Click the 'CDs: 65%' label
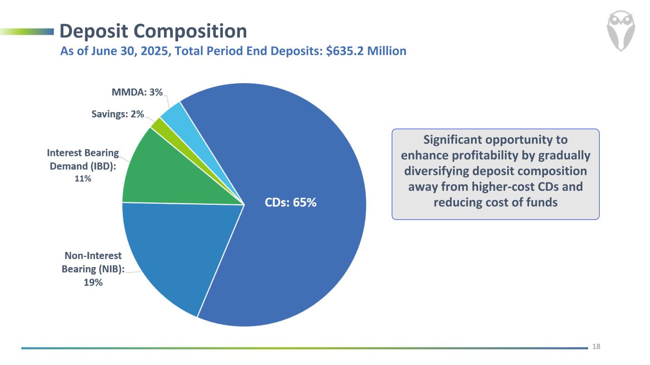[290, 202]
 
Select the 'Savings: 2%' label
[117, 114]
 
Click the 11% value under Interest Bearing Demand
[82, 179]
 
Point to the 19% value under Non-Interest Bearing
[93, 282]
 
